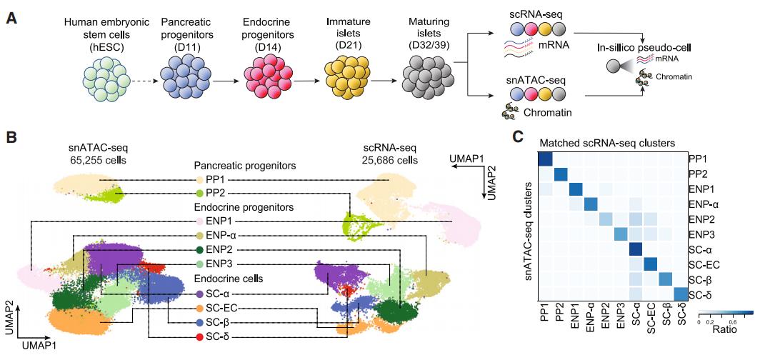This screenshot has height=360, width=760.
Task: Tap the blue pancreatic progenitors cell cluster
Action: tap(184, 79)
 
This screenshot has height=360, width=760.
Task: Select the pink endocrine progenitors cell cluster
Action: tap(268, 79)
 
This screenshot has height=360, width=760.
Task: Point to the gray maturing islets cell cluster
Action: tap(426, 79)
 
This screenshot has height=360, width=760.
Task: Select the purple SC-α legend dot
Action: tap(199, 293)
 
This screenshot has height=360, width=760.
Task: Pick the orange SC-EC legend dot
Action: tap(199, 307)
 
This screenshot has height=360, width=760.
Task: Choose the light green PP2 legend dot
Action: tap(199, 194)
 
